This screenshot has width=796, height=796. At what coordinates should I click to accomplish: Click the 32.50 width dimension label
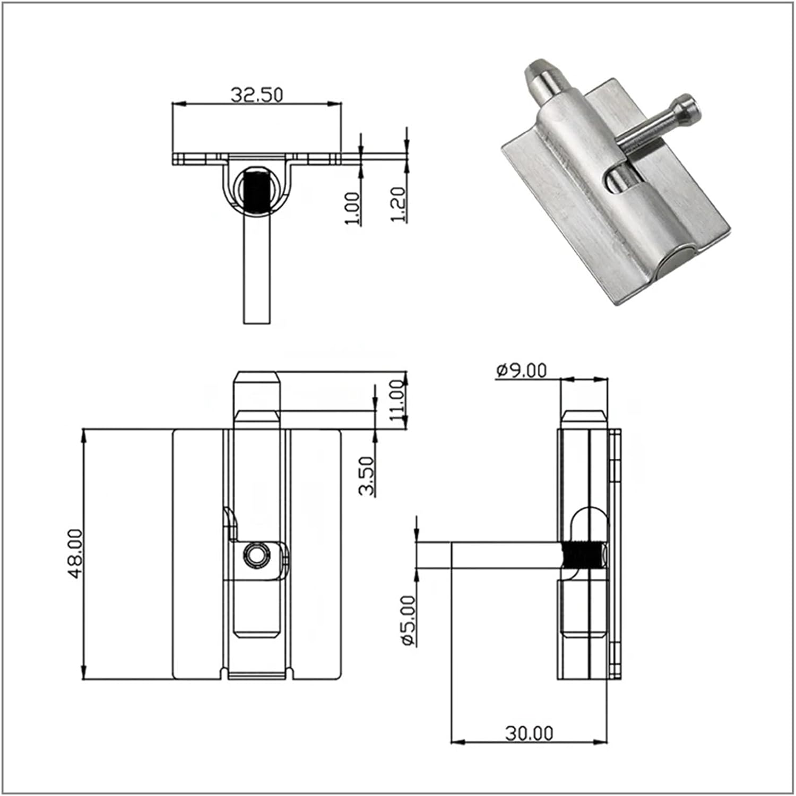point(257,95)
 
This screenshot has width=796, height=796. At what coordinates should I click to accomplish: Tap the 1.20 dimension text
point(400,204)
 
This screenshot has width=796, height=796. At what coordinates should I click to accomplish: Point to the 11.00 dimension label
point(398,400)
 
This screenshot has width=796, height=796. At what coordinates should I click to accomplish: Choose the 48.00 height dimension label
point(75,553)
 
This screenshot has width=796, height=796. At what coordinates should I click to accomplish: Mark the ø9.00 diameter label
point(521,370)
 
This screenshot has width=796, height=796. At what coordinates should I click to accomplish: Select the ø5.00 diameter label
point(409,620)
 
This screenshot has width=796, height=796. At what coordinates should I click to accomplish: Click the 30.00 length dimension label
point(529,733)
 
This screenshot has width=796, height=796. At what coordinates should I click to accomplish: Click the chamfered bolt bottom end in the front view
point(256,632)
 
